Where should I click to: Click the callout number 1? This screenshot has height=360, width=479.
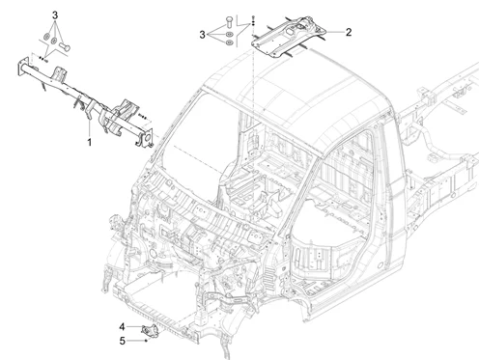coord(90,142)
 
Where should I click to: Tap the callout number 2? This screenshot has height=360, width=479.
coord(349,32)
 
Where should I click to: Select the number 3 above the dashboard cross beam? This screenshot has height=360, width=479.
coord(55,15)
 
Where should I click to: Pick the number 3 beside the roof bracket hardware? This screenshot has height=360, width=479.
coord(202,35)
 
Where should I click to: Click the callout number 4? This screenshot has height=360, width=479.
coord(122,327)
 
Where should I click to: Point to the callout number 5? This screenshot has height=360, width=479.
coord(122,341)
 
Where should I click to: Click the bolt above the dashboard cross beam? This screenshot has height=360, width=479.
coord(65,47)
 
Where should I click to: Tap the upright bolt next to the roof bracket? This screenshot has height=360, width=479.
coord(229,21)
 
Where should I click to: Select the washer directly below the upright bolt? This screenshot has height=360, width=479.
coord(229,35)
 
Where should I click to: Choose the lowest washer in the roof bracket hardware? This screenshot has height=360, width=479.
coord(229,42)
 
